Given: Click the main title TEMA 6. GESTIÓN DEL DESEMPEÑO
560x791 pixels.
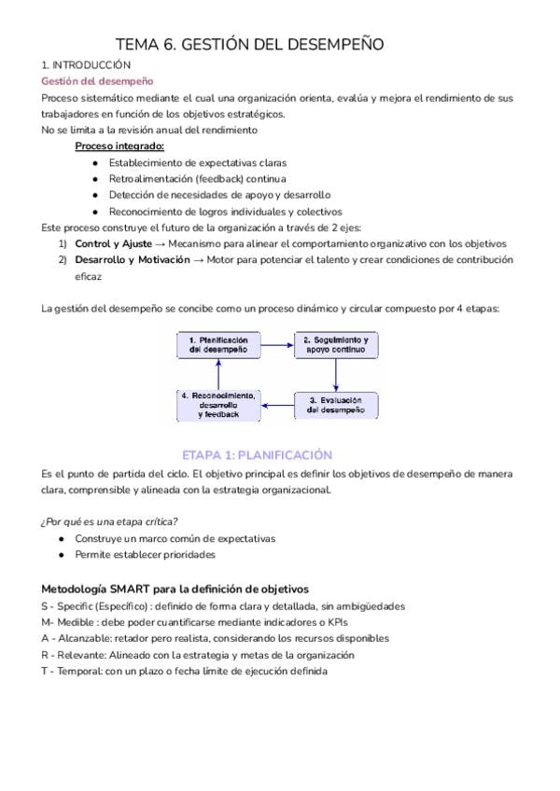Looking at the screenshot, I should click(x=249, y=45).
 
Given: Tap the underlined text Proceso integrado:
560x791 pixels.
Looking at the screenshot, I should click(x=119, y=146).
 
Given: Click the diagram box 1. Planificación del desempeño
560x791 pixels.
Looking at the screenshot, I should click(x=217, y=345).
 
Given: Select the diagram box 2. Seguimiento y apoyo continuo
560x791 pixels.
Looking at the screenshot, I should click(x=337, y=345).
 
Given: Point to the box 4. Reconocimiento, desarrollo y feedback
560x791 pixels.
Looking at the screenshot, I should click(x=217, y=404).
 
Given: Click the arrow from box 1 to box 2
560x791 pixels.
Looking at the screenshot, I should click(x=277, y=345).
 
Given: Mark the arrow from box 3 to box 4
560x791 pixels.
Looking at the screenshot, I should click(x=277, y=405).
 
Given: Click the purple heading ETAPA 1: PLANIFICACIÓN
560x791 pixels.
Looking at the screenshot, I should click(x=258, y=455).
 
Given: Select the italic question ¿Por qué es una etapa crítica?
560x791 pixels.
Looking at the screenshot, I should click(x=108, y=520).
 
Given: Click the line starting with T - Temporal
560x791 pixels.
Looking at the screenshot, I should click(x=184, y=672).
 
